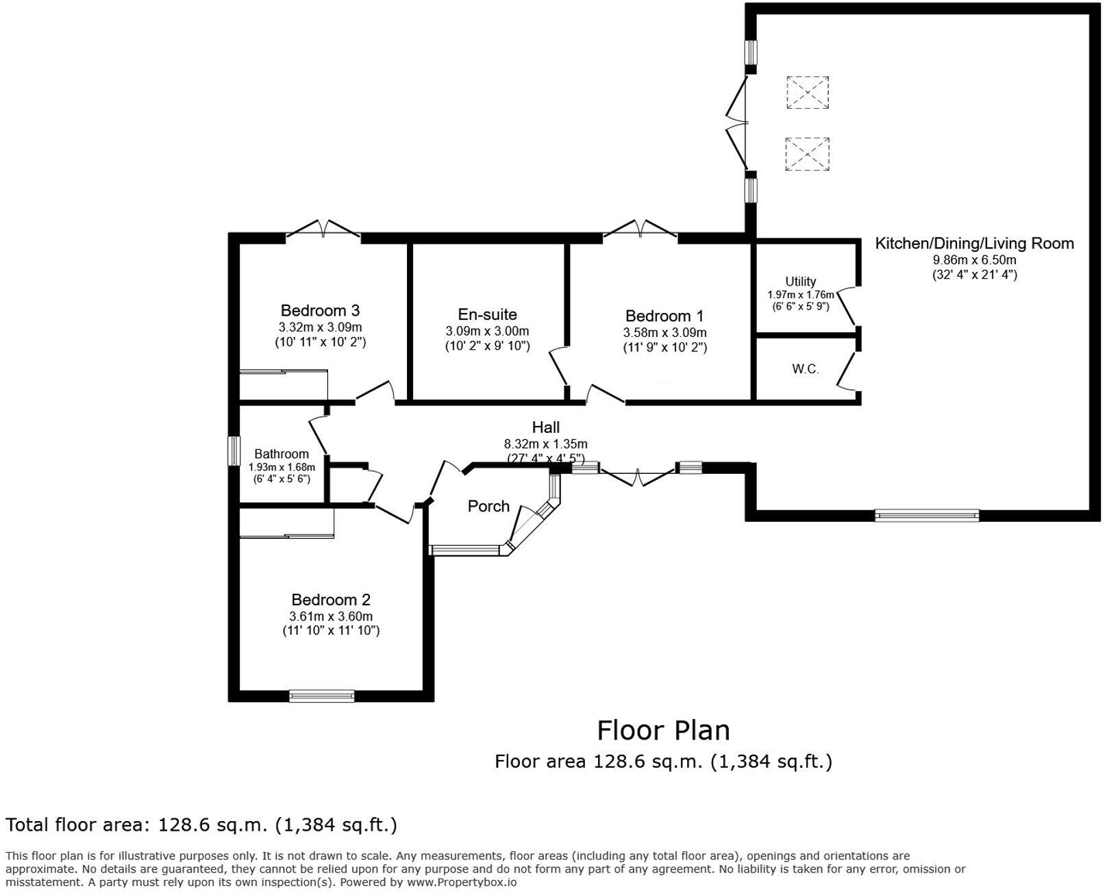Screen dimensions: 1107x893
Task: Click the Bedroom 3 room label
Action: (x=320, y=311)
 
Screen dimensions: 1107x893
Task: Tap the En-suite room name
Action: (x=487, y=314)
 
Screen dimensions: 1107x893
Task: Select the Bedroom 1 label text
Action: (x=664, y=316)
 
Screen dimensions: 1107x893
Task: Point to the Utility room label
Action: (x=800, y=281)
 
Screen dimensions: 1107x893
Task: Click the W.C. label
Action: (x=806, y=369)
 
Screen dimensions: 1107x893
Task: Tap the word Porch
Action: (x=488, y=506)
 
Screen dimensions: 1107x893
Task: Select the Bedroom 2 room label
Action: (x=331, y=600)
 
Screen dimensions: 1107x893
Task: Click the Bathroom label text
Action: (x=282, y=454)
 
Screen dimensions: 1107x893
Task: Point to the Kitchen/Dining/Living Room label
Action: (x=975, y=244)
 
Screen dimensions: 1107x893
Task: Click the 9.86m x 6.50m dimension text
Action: (x=975, y=260)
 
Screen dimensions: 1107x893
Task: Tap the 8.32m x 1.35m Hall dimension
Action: (x=546, y=443)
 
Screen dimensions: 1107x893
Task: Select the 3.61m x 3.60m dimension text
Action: (x=331, y=616)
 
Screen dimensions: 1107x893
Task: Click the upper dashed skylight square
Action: (x=807, y=92)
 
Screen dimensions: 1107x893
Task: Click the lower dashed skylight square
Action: (x=807, y=154)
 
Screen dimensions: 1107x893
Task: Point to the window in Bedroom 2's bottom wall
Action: (x=321, y=696)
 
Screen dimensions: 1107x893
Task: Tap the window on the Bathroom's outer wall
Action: (x=234, y=451)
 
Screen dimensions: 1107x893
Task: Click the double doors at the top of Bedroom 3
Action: (x=323, y=229)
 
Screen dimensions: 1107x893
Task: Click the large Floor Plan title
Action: (x=664, y=731)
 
